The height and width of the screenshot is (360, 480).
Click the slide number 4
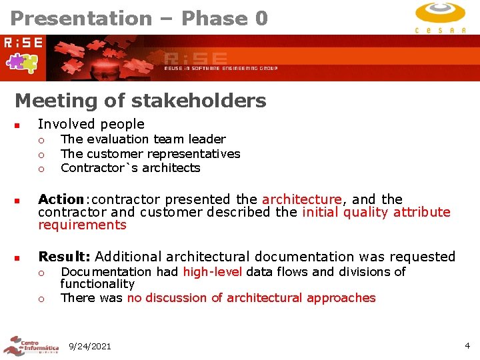467,346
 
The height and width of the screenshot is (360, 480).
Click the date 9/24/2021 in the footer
90,346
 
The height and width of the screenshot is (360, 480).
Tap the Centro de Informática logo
31,346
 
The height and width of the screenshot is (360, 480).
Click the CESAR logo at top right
440,17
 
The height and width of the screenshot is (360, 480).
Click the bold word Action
61,199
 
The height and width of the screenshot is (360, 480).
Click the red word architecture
301,199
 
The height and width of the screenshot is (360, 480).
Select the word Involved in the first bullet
65,124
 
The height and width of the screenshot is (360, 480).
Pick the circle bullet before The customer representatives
41,155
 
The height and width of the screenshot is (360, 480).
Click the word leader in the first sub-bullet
207,139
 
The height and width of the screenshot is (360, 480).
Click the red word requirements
82,225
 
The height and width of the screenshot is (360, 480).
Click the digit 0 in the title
261,18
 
